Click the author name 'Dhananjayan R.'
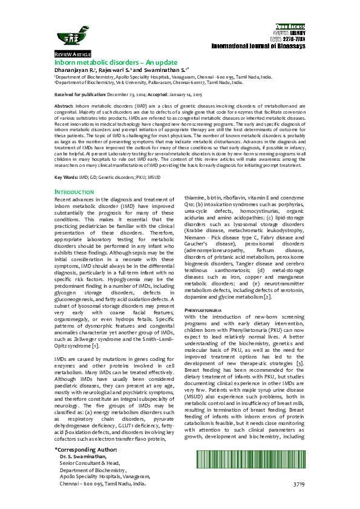tap(76, 70)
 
